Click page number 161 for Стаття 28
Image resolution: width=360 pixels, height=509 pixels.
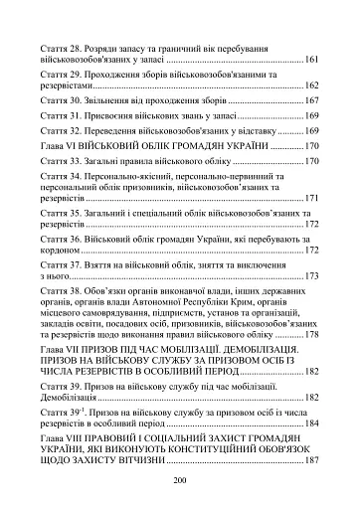(311, 61)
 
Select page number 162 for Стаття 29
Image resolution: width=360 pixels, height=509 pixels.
(311, 85)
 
